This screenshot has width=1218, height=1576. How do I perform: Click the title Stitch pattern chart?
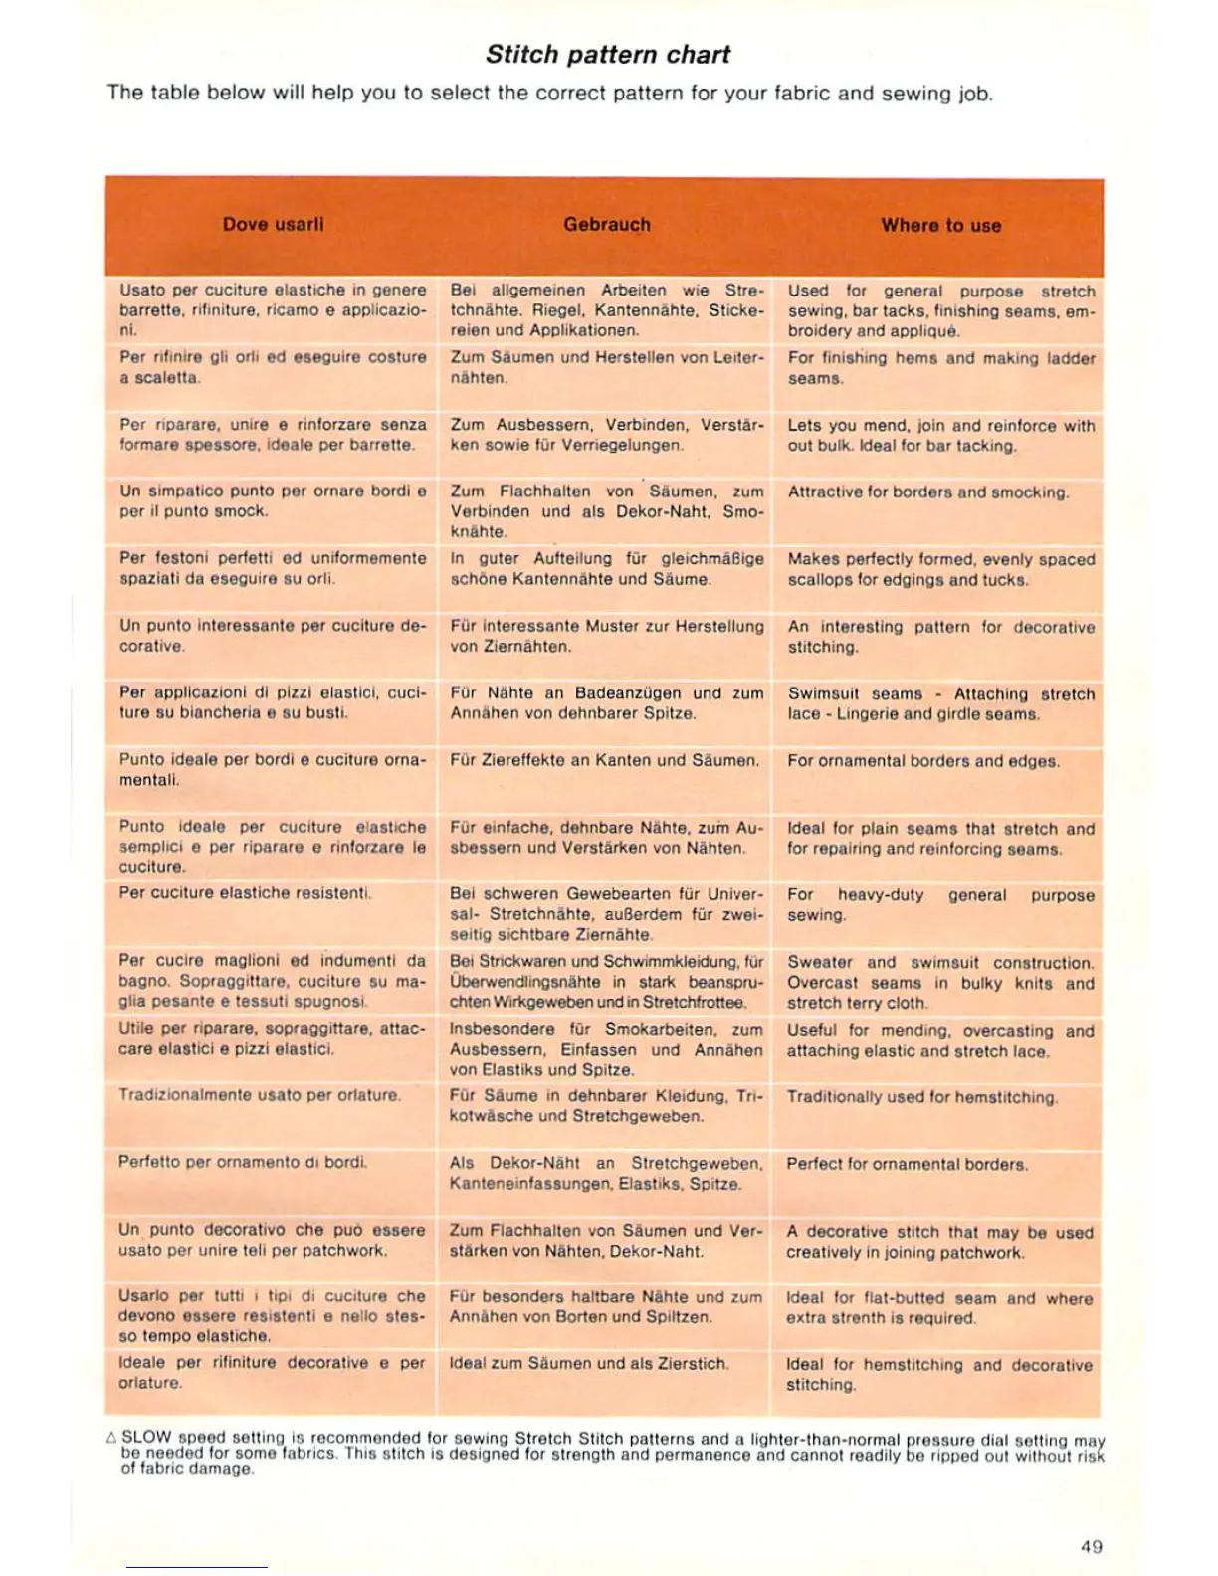(608, 55)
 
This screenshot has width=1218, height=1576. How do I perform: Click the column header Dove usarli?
(273, 225)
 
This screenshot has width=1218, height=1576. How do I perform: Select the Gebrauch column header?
(607, 225)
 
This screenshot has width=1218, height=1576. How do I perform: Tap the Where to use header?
(940, 226)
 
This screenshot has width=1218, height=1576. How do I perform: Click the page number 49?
(1091, 1546)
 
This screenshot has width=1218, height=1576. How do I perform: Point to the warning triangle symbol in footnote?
(111, 1438)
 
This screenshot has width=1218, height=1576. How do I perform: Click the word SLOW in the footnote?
(146, 1438)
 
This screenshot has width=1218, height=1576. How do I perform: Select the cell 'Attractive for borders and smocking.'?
(927, 492)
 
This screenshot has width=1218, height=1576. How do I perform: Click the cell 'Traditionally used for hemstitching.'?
(921, 1097)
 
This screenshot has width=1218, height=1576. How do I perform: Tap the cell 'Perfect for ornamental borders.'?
(907, 1164)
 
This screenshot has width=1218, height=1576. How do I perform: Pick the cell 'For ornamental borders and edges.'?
(922, 761)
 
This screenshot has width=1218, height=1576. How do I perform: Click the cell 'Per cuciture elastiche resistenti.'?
(245, 893)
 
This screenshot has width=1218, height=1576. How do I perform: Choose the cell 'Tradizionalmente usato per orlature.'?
(260, 1095)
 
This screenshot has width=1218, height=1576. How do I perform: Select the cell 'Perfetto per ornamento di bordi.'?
(243, 1162)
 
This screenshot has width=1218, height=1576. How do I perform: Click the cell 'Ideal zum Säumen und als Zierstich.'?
(589, 1363)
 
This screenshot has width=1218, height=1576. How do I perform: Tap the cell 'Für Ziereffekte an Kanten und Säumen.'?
(604, 760)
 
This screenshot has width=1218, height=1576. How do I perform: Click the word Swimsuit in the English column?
(823, 694)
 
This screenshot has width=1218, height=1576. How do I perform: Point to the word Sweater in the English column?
(820, 963)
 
